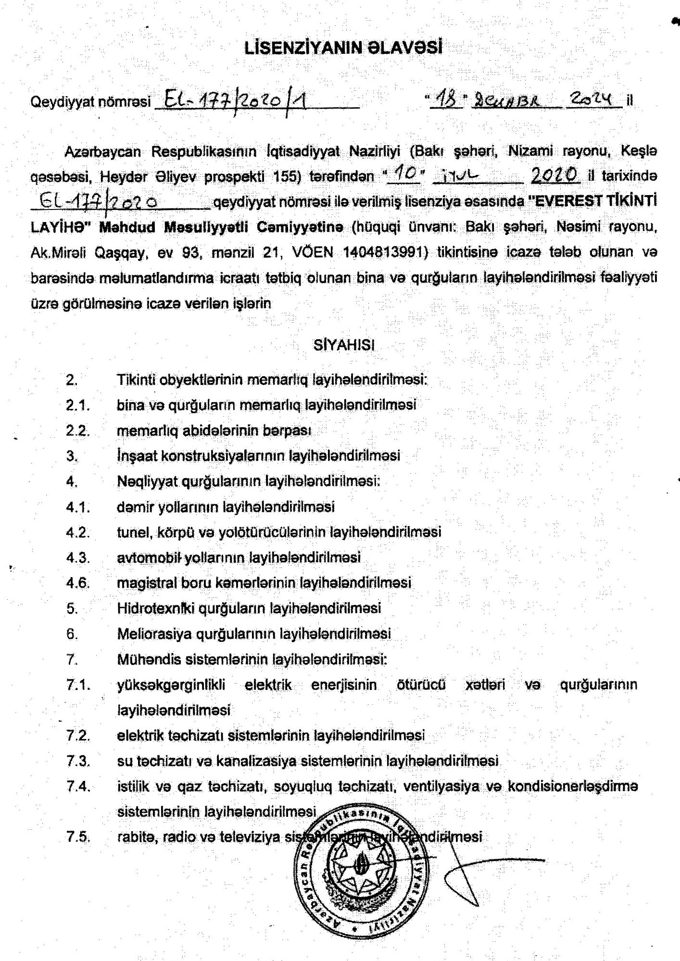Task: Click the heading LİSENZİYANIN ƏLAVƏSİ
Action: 343,48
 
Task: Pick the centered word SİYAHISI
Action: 343,345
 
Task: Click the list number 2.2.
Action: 77,431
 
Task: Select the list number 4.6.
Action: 77,583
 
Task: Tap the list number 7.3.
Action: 78,761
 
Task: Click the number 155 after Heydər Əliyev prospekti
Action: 287,176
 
